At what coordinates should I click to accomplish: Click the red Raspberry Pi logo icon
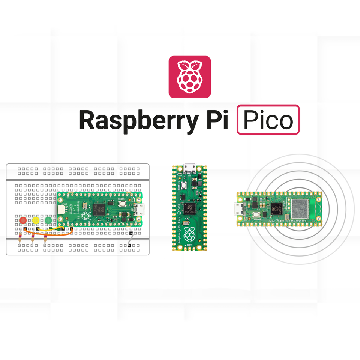[189, 77]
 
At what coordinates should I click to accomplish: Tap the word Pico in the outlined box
[268, 120]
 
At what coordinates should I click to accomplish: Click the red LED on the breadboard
[23, 220]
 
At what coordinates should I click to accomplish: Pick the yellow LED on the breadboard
[36, 220]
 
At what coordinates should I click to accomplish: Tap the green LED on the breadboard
[48, 220]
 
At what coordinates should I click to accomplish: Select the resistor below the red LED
[20, 237]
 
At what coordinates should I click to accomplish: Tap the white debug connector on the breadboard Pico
[61, 210]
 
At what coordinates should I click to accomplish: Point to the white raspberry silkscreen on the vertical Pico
[190, 235]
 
